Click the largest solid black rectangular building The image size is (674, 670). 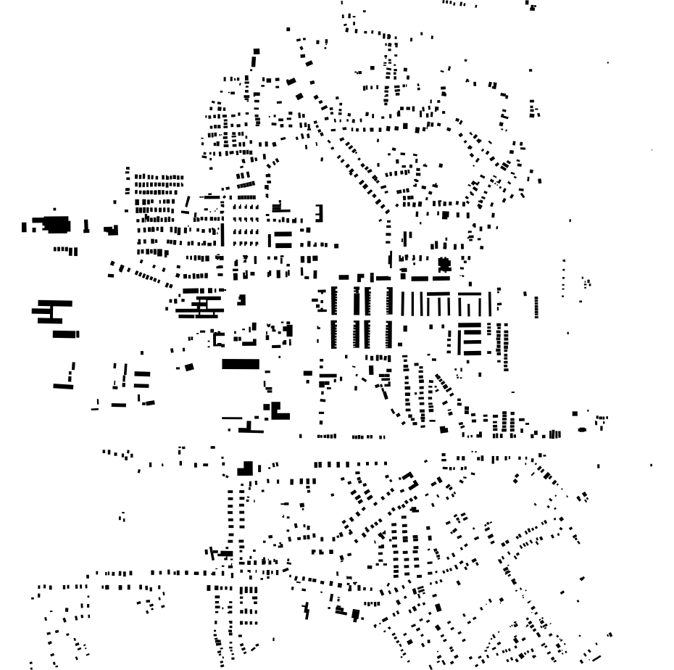(240, 363)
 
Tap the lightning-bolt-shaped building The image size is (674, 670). (306, 611)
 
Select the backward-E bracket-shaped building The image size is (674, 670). (318, 212)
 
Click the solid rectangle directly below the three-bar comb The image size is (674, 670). (66, 334)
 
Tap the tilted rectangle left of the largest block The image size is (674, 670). (189, 368)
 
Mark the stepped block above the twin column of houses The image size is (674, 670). (246, 468)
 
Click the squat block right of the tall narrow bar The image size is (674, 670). (111, 231)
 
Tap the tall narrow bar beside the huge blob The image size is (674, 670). (86, 226)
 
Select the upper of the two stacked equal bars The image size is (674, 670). (283, 235)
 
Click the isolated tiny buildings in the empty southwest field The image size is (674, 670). (122, 517)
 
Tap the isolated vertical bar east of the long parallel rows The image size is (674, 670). (536, 305)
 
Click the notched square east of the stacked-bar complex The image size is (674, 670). (241, 298)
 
